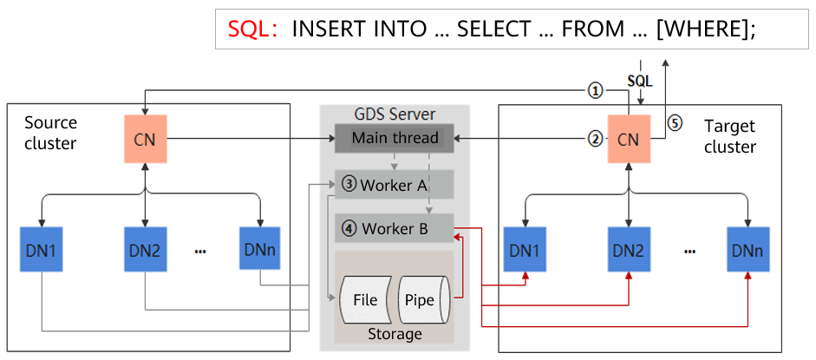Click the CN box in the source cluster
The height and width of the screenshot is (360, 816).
click(x=145, y=139)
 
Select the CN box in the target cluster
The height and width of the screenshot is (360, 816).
click(x=628, y=139)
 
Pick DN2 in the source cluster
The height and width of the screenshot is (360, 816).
click(x=145, y=249)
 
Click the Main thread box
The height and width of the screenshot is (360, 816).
click(x=395, y=138)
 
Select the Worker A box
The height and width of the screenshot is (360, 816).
click(x=395, y=184)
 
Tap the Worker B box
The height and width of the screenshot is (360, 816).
click(x=395, y=229)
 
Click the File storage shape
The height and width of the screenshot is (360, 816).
click(x=365, y=300)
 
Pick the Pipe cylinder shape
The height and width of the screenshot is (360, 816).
click(x=421, y=300)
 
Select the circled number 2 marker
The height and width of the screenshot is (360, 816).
click(x=595, y=138)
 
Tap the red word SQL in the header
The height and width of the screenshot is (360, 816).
click(x=251, y=29)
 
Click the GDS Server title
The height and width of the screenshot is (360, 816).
click(x=395, y=115)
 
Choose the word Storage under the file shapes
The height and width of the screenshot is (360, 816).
click(x=395, y=334)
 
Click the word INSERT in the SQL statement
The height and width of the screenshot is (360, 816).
click(x=325, y=29)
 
